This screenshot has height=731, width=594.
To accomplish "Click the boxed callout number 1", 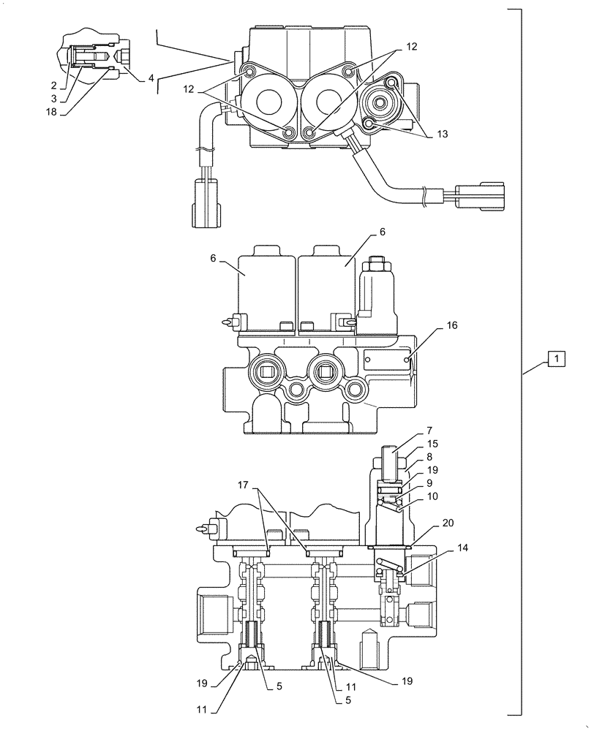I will pyautogui.click(x=556, y=359).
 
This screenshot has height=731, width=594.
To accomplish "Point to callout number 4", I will pyautogui.click(x=151, y=77).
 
